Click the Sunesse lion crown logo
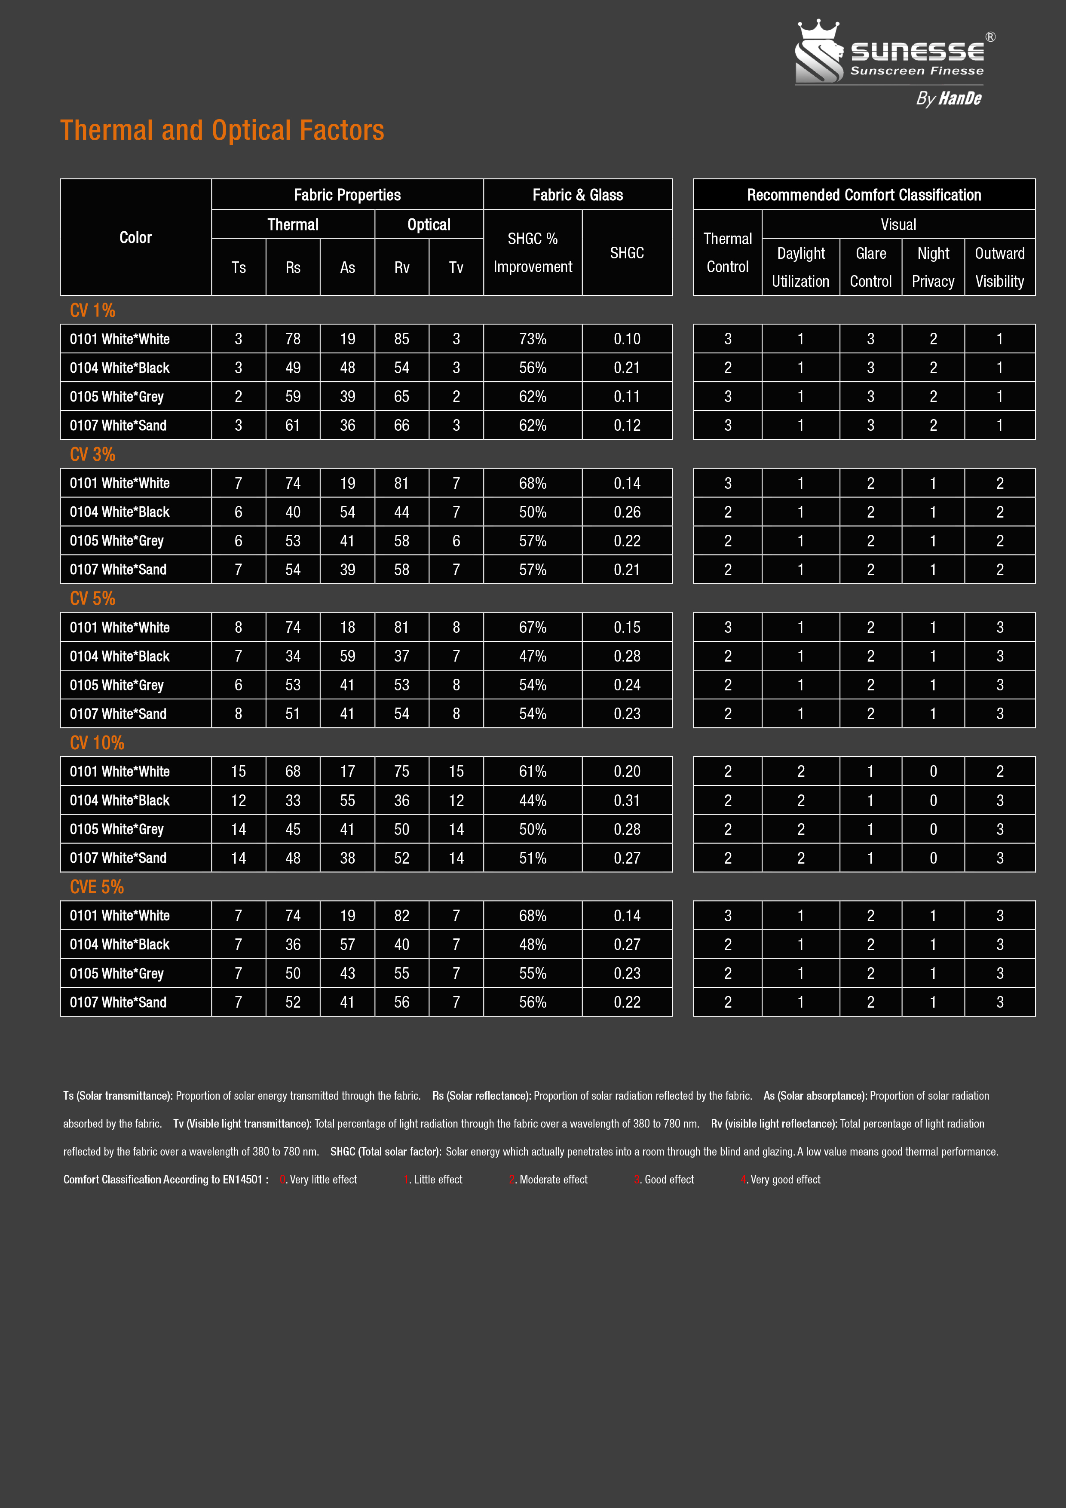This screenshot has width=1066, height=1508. coord(819,52)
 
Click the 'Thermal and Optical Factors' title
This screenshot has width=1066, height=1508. coord(222,130)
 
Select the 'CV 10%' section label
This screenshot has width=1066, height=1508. coord(97,743)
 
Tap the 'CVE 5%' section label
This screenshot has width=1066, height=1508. coord(97,887)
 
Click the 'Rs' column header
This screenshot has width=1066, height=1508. coord(293,267)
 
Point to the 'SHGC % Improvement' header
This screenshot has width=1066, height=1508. coord(533,253)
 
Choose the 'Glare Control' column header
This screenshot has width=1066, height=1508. coord(870,267)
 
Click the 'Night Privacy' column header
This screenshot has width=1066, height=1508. coord(933,267)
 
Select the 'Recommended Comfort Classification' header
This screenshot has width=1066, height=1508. coord(864,195)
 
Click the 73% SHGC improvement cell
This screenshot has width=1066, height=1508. coord(533,339)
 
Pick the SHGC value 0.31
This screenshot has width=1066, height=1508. coord(627,800)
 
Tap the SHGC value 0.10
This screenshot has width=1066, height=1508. coord(627,339)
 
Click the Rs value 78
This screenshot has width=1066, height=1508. coord(293,339)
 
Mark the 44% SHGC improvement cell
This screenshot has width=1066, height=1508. coord(533,800)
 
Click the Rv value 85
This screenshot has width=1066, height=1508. coord(401,339)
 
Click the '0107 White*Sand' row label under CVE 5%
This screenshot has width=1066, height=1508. coord(118,1002)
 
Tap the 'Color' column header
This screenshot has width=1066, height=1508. coord(135,238)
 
